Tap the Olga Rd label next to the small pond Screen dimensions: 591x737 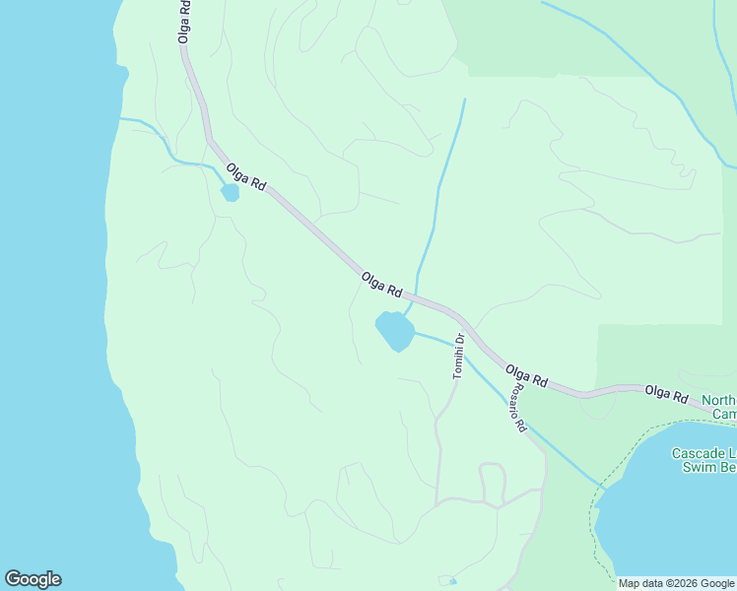246,177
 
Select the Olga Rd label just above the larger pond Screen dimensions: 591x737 382,285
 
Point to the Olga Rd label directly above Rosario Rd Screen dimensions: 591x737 526,375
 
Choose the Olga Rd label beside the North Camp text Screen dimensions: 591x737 666,394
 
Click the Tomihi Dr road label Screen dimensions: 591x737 458,357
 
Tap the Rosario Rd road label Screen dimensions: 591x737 518,408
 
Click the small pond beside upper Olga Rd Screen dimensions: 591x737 230,192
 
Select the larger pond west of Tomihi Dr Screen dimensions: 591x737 394,331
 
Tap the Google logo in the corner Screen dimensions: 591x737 33,579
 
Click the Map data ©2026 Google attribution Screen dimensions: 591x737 676,583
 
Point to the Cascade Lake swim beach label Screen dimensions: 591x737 703,460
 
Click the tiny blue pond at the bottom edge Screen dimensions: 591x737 451,581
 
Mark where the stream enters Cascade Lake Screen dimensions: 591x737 598,486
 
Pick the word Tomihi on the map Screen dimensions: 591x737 457,361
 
